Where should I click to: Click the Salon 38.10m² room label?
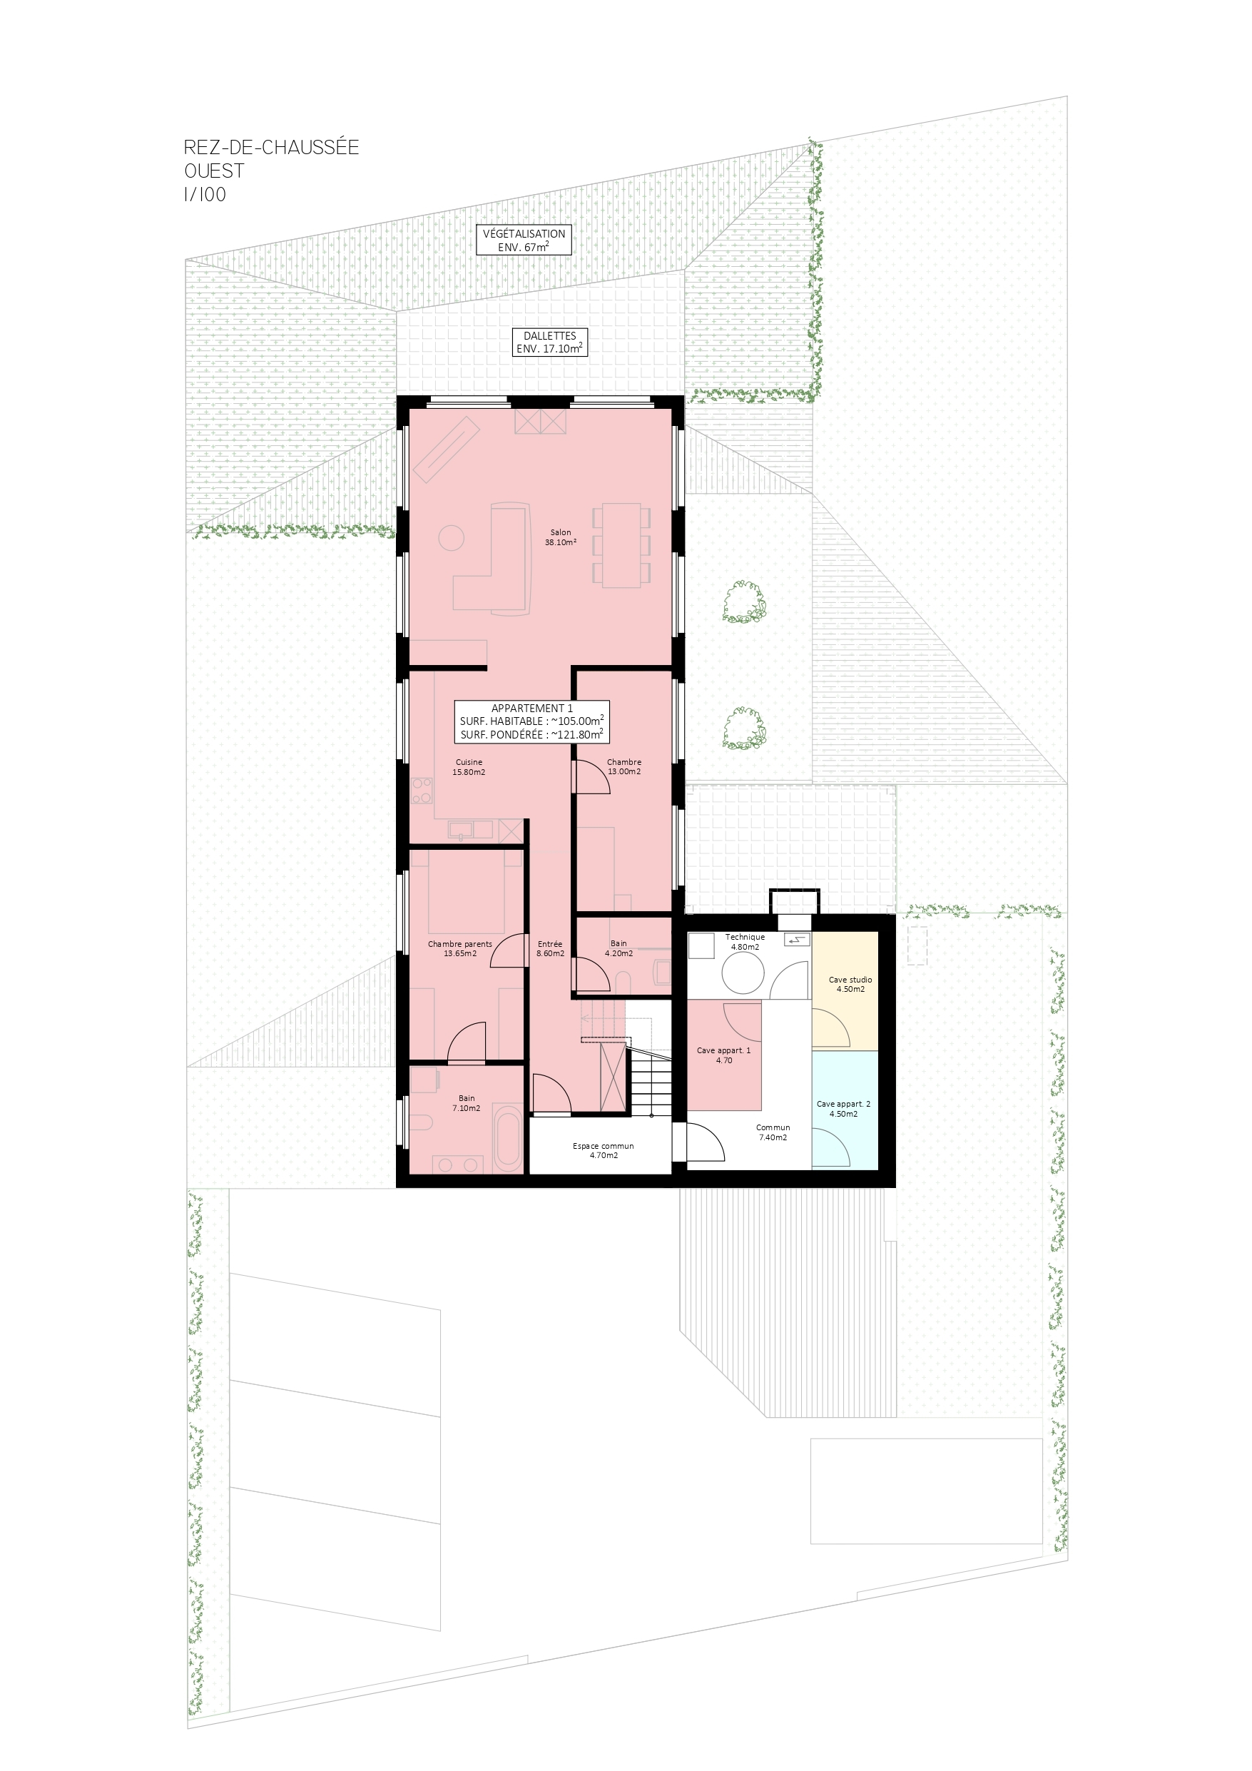point(561,537)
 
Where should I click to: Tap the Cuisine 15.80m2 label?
point(469,767)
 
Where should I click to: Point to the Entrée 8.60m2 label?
point(550,948)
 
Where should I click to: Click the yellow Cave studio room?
point(845,990)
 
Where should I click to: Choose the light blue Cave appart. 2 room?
point(845,1110)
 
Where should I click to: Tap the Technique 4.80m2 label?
point(745,942)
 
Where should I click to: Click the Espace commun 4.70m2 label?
point(604,1150)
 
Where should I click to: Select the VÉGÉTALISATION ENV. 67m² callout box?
point(524,240)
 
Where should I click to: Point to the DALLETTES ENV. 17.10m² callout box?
point(550,342)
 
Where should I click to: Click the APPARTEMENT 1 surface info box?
point(532,721)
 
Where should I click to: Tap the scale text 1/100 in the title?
point(205,194)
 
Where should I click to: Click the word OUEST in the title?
point(215,171)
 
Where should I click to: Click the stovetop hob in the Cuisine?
point(422,790)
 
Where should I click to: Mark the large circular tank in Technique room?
point(743,972)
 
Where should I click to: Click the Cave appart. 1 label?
point(723,1055)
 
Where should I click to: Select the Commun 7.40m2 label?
point(773,1132)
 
